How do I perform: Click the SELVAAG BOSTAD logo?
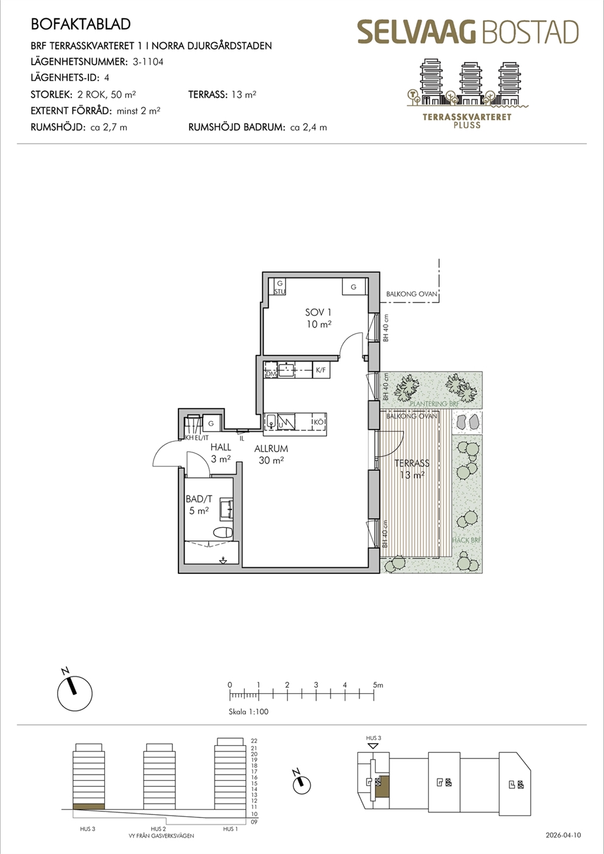pyautogui.click(x=468, y=32)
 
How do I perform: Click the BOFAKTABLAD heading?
pyautogui.click(x=80, y=24)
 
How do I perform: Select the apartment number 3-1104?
pyautogui.click(x=148, y=61)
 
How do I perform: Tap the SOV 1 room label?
pyautogui.click(x=318, y=313)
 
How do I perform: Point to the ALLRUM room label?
pyautogui.click(x=271, y=449)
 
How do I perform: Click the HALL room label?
pyautogui.click(x=221, y=447)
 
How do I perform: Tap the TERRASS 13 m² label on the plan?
pyautogui.click(x=412, y=469)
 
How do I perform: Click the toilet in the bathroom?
pyautogui.click(x=223, y=532)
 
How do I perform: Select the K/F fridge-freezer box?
pyautogui.click(x=321, y=370)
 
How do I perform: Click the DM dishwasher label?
pyautogui.click(x=271, y=374)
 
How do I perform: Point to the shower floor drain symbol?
pyautogui.click(x=223, y=561)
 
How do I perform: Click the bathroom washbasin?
pyautogui.click(x=226, y=509)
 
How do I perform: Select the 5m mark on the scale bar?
pyautogui.click(x=378, y=685)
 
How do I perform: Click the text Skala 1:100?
pyautogui.click(x=248, y=712)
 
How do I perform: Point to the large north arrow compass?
pyautogui.click(x=75, y=693)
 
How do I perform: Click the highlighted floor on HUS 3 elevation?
pyautogui.click(x=88, y=807)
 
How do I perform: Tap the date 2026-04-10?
pyautogui.click(x=563, y=835)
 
